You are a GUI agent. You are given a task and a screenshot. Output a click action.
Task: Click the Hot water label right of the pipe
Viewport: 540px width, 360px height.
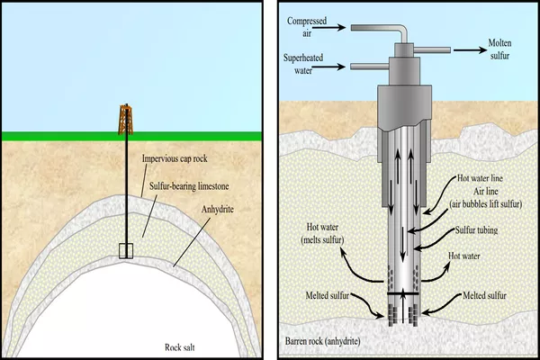click(467, 256)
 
